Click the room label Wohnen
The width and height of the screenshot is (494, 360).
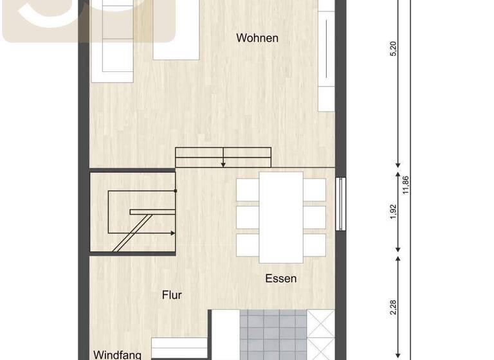click(x=257, y=38)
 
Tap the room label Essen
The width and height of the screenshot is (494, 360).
click(x=281, y=278)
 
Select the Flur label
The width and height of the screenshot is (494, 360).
click(x=172, y=295)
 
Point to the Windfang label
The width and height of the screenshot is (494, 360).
click(x=117, y=354)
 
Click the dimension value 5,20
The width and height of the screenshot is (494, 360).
click(x=394, y=49)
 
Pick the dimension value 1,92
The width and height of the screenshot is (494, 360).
click(x=394, y=212)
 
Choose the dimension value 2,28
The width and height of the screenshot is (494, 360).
click(x=394, y=308)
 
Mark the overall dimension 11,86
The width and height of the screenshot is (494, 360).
click(x=405, y=184)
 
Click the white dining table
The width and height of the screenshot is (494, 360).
click(x=281, y=217)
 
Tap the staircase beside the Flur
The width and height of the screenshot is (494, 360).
click(x=133, y=212)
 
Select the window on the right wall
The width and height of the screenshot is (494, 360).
click(x=341, y=204)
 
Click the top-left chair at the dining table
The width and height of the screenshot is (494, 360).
click(x=248, y=190)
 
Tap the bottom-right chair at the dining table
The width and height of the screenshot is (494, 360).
click(x=315, y=245)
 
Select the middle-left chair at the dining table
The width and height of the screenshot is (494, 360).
click(x=248, y=217)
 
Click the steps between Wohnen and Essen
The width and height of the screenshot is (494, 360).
click(x=223, y=157)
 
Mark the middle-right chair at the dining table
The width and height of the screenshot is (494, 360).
click(x=315, y=217)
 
